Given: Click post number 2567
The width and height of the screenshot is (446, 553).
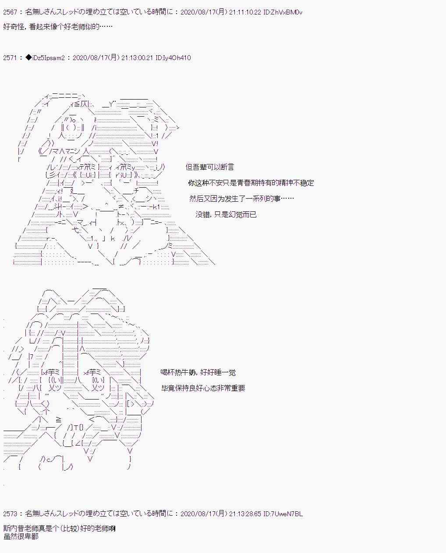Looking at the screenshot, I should pyautogui.click(x=10, y=12).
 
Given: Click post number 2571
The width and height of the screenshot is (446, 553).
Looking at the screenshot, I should pyautogui.click(x=10, y=58).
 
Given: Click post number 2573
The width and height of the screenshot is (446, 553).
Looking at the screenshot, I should pyautogui.click(x=10, y=514).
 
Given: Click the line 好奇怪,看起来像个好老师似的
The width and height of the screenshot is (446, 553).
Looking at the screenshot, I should pyautogui.click(x=58, y=27).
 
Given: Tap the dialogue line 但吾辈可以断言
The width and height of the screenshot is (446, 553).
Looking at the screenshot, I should pyautogui.click(x=210, y=167).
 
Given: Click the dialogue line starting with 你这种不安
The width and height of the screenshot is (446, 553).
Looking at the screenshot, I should pyautogui.click(x=251, y=183).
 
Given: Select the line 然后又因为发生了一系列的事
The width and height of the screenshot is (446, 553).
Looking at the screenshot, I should pyautogui.click(x=241, y=199).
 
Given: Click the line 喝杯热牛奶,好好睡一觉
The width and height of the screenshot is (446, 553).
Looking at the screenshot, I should pyautogui.click(x=198, y=372).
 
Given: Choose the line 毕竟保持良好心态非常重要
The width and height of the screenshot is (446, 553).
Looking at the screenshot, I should pyautogui.click(x=203, y=388).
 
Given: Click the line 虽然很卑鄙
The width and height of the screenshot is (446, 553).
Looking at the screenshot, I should pyautogui.click(x=21, y=536).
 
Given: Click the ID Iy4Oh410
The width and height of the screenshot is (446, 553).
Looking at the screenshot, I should pyautogui.click(x=173, y=58).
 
